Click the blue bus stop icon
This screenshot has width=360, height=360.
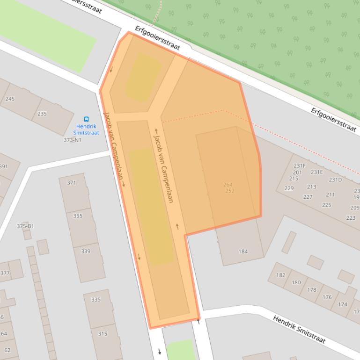86,119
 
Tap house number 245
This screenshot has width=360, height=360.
9,99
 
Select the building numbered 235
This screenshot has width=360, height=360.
42,114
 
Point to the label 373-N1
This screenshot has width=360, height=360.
73,140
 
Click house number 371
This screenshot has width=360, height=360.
71,183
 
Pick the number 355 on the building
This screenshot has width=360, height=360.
78,216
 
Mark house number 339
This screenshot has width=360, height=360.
86,251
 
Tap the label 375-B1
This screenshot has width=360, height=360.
25,226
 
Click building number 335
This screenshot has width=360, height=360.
96,300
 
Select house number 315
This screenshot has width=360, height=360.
103,333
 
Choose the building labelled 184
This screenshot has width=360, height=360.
243,251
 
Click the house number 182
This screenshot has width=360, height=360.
280,275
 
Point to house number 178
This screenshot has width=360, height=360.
312,290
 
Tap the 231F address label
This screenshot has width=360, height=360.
300,166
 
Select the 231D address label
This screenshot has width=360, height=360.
335,180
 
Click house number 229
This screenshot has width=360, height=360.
289,188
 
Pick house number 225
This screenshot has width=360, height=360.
326,205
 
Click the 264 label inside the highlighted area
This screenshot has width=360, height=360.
228,185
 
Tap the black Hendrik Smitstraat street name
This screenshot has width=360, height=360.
299,329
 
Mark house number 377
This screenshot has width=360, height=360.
5,273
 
